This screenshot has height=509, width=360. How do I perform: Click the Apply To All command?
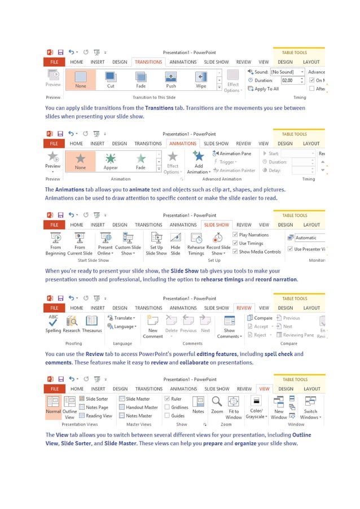[264, 89]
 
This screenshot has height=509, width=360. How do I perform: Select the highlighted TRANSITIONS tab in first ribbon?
[148, 62]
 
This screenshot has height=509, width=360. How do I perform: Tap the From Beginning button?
[55, 243]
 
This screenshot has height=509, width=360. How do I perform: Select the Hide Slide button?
[175, 243]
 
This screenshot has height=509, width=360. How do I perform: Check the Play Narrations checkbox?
[235, 235]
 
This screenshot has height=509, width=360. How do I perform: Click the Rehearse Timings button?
[196, 243]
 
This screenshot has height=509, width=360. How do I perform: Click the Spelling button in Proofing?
[53, 323]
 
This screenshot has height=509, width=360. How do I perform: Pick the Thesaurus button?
[91, 323]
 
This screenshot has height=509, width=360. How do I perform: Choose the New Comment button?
[152, 326]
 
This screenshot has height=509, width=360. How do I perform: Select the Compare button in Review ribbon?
[260, 318]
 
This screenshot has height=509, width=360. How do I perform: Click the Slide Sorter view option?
[94, 399]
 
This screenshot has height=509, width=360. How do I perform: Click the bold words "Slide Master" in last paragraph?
[119, 444]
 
